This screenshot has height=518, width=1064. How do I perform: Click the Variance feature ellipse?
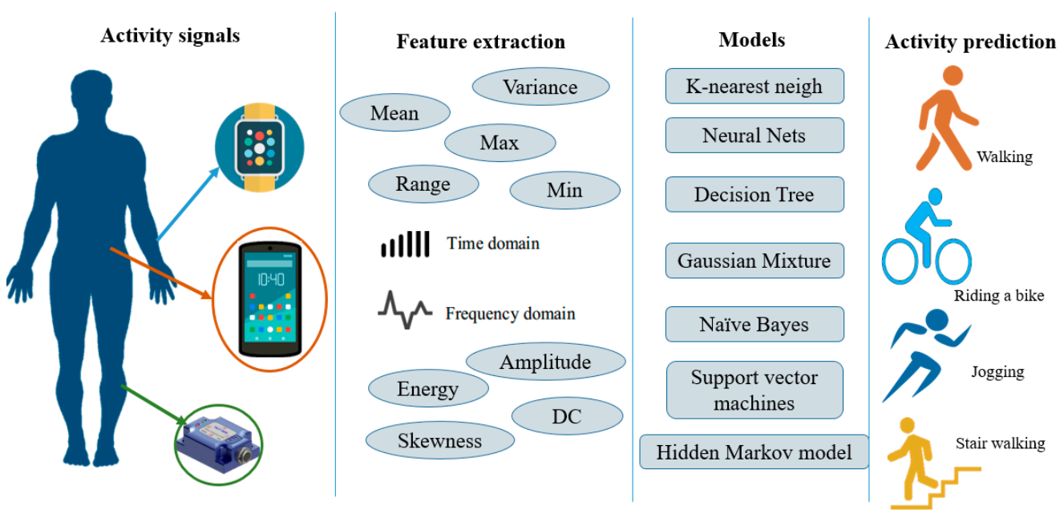click(540, 87)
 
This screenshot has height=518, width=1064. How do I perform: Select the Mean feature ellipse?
click(394, 113)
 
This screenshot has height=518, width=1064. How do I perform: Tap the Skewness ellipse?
click(439, 440)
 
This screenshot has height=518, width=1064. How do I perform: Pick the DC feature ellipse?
click(566, 416)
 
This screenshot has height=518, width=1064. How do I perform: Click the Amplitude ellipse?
click(545, 362)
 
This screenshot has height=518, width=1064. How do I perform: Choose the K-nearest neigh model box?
click(755, 86)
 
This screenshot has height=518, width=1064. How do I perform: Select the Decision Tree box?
click(755, 194)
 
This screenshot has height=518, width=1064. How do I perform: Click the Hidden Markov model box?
click(755, 452)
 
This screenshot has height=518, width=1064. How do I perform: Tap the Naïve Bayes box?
click(755, 325)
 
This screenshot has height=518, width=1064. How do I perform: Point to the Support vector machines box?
click(755, 391)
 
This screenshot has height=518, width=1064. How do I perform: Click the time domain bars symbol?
click(405, 244)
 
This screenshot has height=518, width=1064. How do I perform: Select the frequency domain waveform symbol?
click(406, 310)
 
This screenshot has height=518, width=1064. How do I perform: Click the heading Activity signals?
click(170, 35)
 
